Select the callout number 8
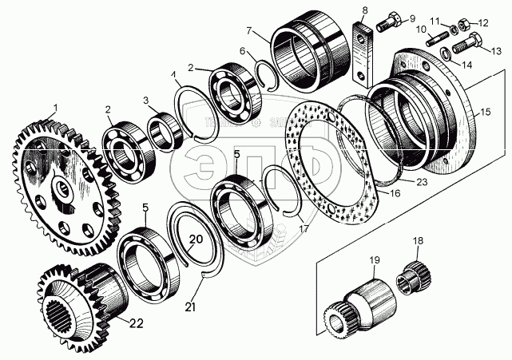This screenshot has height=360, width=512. point(364,11)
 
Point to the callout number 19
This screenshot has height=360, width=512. point(374,260)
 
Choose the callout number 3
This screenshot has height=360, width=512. point(147,101)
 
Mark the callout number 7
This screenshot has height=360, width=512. point(249,32)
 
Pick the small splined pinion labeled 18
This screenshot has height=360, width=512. point(418,275)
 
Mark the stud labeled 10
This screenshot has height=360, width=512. point(438,37)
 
